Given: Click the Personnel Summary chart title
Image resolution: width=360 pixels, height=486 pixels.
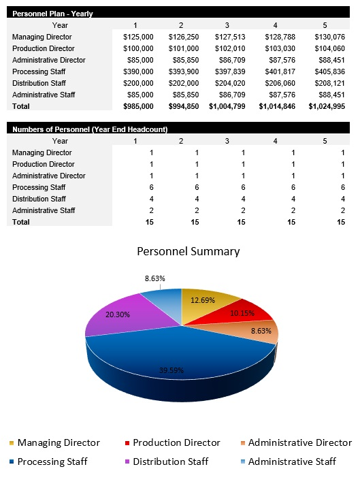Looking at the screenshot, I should point(189,251).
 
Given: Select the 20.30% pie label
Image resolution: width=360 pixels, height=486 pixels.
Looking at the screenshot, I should point(118,314).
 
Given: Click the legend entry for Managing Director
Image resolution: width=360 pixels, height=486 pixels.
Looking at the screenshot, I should point(59,443).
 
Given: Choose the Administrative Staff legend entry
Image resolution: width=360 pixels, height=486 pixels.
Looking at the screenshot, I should point(292,461).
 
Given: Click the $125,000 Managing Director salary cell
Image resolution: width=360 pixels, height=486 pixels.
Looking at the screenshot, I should point(138,37).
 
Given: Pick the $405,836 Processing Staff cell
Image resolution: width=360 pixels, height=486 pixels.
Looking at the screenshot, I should point(330,71).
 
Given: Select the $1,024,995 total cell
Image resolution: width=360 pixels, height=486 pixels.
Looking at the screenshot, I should point(327,106).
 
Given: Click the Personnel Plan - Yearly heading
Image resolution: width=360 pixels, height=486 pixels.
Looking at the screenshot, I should point(53,14).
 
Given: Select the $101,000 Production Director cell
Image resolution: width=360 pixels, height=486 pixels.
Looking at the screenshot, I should point(184,48).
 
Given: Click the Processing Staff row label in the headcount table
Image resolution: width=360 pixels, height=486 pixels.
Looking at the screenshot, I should point(39,187).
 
